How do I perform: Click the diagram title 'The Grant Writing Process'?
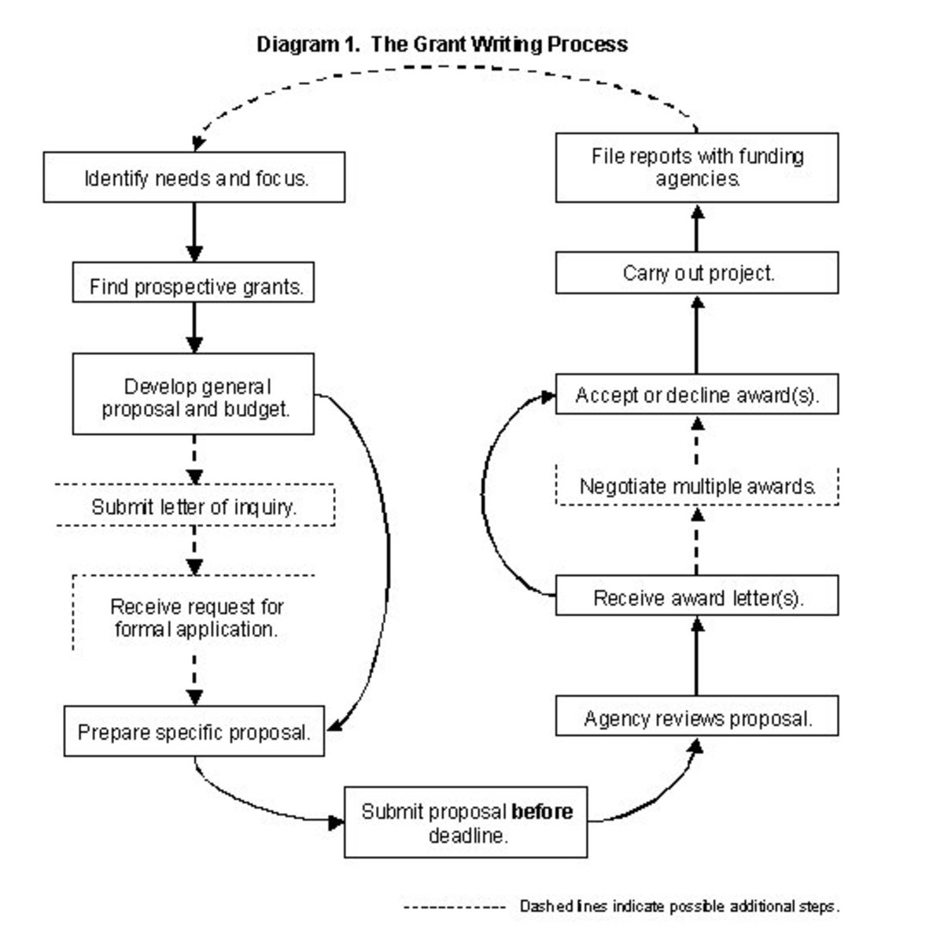pos(499,44)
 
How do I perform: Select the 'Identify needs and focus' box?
pos(194,179)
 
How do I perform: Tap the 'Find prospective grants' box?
pos(194,286)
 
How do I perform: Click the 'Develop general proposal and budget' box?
pos(194,397)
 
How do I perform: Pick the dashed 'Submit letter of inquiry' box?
pos(194,507)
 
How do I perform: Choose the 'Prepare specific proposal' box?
pos(194,733)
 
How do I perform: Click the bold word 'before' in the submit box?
pos(542,811)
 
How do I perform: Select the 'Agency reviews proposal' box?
pos(697,718)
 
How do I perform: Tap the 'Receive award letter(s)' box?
pos(697,598)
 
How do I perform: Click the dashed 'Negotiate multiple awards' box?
pos(697,486)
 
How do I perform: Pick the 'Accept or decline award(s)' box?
pos(697,395)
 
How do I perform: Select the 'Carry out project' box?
pos(697,273)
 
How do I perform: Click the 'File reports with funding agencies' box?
pos(697,167)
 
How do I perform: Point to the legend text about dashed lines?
pos(679,906)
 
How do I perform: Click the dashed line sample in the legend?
pos(454,907)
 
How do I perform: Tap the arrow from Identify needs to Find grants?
pos(194,232)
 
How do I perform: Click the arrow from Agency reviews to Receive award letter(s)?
pos(697,656)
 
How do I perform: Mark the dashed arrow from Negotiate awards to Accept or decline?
pos(697,441)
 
